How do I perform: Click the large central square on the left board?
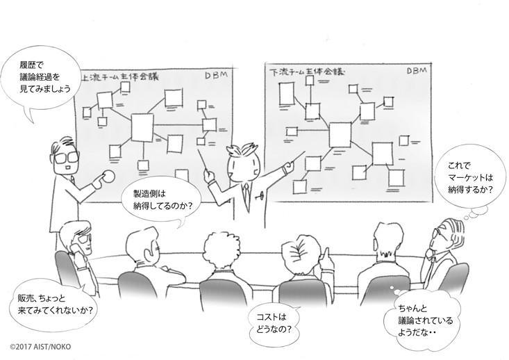(x=142, y=127)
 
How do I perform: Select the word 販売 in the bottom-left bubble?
(x=27, y=297)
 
